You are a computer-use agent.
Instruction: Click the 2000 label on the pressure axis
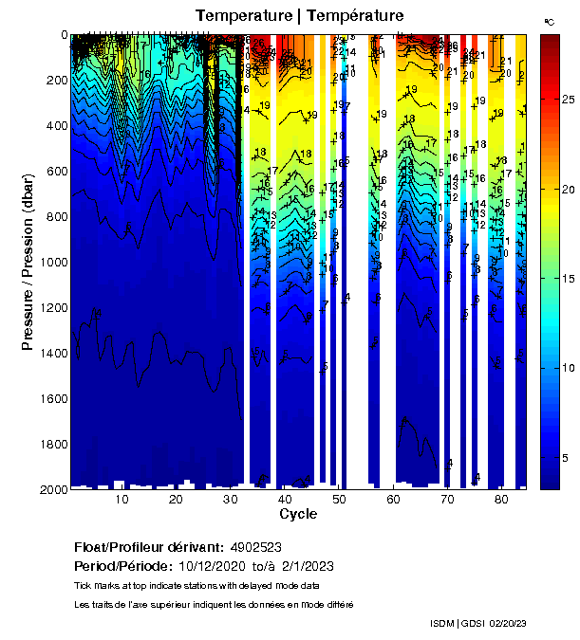click(x=52, y=489)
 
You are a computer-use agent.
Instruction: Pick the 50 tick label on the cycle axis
click(x=339, y=500)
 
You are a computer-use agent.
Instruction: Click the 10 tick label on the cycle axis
click(x=122, y=500)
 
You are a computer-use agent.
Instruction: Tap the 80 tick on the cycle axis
click(x=501, y=500)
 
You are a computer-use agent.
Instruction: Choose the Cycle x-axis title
click(x=298, y=514)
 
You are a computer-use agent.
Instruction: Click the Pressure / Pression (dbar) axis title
click(x=28, y=262)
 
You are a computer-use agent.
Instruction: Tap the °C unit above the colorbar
click(x=549, y=21)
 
